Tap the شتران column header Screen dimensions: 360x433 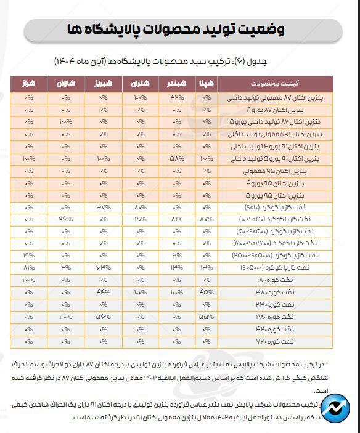[x=140, y=83]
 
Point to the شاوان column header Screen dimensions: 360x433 [x=66, y=83]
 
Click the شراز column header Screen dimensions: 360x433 [x=28, y=83]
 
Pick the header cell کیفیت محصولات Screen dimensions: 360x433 [x=274, y=83]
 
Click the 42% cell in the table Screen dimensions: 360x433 [x=176, y=97]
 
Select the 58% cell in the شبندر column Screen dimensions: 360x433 [x=176, y=159]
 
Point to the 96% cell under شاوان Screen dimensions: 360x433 [x=66, y=219]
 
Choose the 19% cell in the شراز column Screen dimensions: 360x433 [x=28, y=256]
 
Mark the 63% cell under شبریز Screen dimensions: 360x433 [x=103, y=268]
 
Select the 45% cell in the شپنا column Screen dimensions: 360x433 [x=207, y=293]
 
